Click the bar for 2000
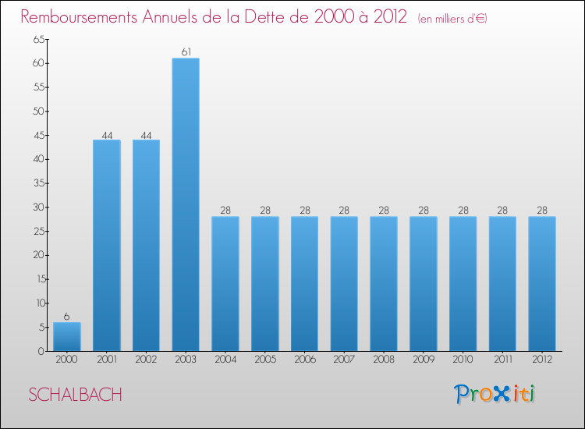[67, 337]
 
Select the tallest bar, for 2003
[186, 204]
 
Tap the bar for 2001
[107, 245]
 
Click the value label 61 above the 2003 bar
[186, 52]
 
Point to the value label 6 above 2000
[67, 317]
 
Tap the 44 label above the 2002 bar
[146, 134]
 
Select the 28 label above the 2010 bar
[463, 211]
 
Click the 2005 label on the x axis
[265, 360]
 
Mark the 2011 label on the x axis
[502, 360]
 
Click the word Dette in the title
[272, 16]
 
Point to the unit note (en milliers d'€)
[452, 18]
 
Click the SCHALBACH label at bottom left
[75, 395]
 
